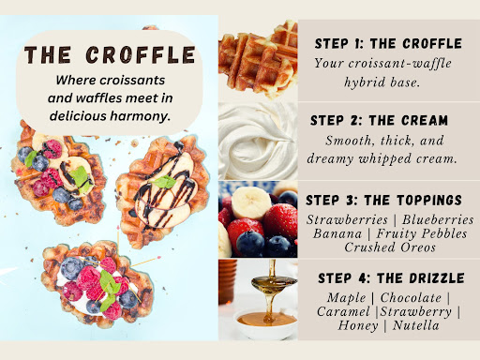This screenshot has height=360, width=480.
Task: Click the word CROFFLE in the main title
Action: pos(141,55)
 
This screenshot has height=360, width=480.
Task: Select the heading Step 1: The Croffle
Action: pos(388,43)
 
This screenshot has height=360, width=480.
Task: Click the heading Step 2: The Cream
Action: pos(379,120)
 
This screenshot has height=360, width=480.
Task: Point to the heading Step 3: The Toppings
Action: pos(383,200)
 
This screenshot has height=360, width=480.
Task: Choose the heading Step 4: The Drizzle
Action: pos(391,278)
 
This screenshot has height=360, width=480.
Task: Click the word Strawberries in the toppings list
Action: pos(347,219)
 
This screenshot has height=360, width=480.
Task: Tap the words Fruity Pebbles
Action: pos(422,233)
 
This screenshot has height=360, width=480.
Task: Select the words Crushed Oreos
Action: pos(390,247)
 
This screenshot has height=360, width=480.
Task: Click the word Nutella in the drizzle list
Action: pos(416,325)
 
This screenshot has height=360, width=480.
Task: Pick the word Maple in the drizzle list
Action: pos(346,298)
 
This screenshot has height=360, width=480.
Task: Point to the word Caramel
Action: pos(343,311)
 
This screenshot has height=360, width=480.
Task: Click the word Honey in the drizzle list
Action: pos(358,325)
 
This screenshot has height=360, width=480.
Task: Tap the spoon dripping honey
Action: pos(273,282)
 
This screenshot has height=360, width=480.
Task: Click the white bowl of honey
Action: pos(265,324)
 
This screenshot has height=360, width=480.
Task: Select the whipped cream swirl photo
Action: pos(258,141)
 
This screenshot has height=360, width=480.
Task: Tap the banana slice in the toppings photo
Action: pos(251,202)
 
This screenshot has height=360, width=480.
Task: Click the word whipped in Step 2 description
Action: pos(385,159)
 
